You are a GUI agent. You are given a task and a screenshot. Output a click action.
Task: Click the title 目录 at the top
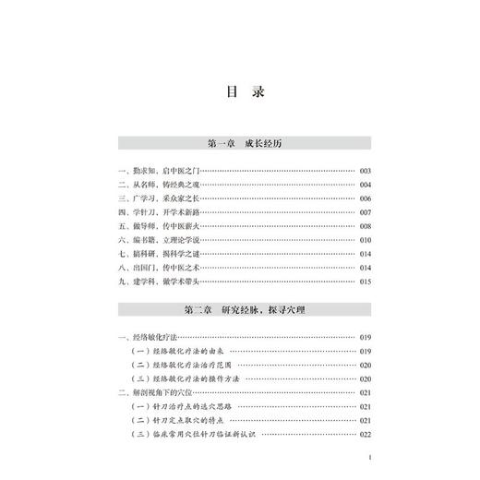click(x=239, y=92)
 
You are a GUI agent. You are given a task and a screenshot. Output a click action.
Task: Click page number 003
click(x=364, y=171)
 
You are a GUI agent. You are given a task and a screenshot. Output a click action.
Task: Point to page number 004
click(x=364, y=185)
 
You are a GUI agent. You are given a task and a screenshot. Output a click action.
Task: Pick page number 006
click(x=364, y=198)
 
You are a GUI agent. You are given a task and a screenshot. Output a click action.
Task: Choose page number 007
click(x=364, y=212)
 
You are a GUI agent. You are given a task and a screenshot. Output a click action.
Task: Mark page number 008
click(x=364, y=226)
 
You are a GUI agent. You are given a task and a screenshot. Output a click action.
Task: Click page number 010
click(x=364, y=240)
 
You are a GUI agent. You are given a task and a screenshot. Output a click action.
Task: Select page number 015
click(x=364, y=282)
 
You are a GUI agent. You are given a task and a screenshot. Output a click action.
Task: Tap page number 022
click(x=364, y=435)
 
